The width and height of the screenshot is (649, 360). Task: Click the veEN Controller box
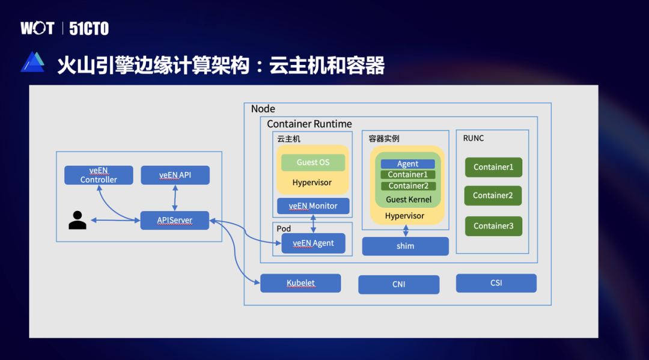(x=99, y=175)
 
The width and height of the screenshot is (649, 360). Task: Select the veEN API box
(x=175, y=175)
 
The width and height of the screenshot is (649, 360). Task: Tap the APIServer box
(x=174, y=220)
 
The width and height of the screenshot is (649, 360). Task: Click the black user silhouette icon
(x=78, y=221)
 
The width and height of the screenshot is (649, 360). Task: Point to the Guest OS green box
(x=313, y=162)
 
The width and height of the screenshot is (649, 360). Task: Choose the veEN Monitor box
(x=313, y=206)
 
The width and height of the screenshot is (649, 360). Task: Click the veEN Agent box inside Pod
(x=313, y=243)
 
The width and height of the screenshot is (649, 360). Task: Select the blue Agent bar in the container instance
(x=407, y=163)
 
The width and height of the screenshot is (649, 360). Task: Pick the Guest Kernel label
(x=409, y=200)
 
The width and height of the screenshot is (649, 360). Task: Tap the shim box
(x=405, y=246)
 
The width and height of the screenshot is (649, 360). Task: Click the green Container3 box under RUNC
(x=493, y=226)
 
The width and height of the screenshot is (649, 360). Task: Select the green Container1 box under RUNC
(x=493, y=167)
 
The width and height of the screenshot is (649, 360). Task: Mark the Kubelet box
(x=300, y=283)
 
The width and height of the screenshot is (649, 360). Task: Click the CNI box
(x=398, y=284)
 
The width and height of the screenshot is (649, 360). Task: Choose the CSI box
(x=496, y=283)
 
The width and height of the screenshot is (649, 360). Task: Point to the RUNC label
(x=474, y=138)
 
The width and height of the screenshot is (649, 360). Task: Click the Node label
(x=263, y=109)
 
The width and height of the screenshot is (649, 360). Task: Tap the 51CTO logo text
(x=89, y=28)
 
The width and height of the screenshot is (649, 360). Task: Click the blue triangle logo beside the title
(x=32, y=63)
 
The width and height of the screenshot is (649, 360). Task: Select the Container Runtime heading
(x=309, y=124)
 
